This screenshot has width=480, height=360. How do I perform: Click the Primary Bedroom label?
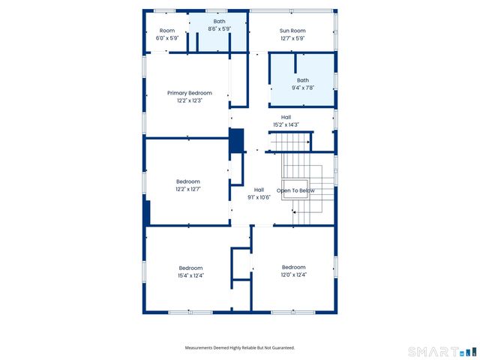pos(189,93)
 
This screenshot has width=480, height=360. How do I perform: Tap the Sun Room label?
pos(292,31)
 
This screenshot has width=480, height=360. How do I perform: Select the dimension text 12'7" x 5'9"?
pos(292,38)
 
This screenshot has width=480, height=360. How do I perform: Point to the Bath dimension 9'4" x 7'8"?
pos(302,88)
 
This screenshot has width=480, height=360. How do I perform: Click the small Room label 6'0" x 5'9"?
pos(166,38)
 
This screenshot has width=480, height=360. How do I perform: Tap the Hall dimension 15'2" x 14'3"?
pos(286,124)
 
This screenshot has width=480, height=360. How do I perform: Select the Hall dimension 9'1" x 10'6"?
pos(259,197)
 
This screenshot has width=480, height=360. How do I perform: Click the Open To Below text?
pos(295,190)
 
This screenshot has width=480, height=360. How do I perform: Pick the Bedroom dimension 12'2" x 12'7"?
pos(188,189)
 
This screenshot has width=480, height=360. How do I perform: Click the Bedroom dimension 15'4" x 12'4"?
pos(190,275)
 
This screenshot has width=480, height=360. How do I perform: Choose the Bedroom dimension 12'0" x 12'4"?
pos(293,274)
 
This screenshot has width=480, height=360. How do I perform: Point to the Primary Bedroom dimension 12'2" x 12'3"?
pos(189,100)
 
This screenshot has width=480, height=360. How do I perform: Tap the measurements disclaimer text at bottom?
pos(240,347)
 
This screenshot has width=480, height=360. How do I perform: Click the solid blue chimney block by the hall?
pos(236,141)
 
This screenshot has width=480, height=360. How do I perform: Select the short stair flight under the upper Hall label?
pos(289,142)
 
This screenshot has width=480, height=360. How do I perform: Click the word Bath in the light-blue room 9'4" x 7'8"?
pos(302,80)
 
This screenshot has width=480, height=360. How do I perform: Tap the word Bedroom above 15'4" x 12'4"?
pos(190,268)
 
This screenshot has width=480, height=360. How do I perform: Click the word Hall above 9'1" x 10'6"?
pos(259,190)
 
